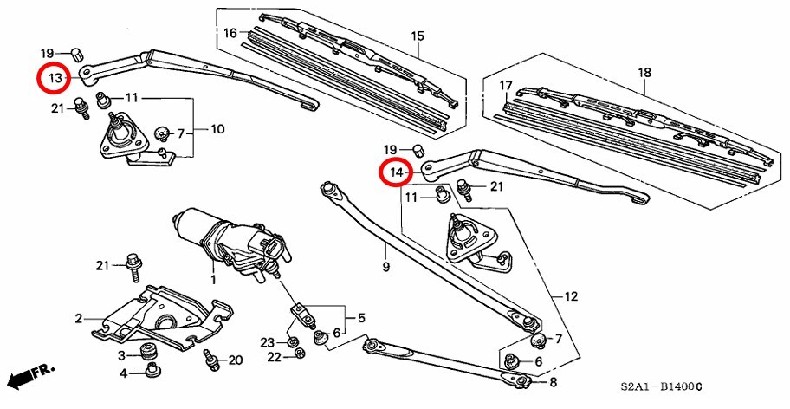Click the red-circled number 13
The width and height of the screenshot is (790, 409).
coord(55,79)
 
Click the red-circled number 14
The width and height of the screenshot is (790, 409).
coord(397,172)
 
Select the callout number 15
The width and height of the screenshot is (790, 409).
coord(418,36)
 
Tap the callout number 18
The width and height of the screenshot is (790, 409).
coord(644,73)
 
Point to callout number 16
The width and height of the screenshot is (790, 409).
coord(230,33)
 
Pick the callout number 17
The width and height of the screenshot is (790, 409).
coord(507,85)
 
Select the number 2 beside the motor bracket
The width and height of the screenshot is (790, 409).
coord(78,319)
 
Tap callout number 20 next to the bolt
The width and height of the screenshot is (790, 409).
coord(236,360)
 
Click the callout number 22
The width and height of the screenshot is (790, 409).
coord(273,357)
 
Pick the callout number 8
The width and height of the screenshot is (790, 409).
coord(553,382)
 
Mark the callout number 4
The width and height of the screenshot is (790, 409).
coord(124,373)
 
